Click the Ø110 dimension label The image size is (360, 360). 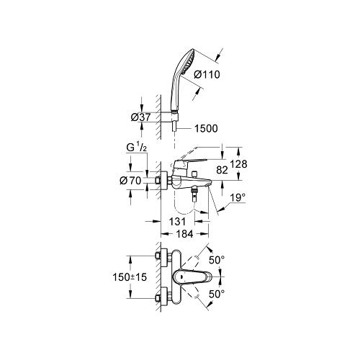click(207, 75)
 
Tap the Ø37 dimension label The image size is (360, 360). click(140, 117)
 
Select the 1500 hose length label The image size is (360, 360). click(206, 128)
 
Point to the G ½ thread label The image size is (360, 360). click(136, 148)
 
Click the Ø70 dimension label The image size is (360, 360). click(130, 181)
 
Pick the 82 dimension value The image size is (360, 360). click(222, 170)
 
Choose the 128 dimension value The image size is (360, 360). click(238, 164)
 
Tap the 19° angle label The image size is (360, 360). click(238, 198)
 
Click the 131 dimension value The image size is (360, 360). click(177, 222)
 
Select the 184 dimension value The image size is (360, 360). click(184, 234)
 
